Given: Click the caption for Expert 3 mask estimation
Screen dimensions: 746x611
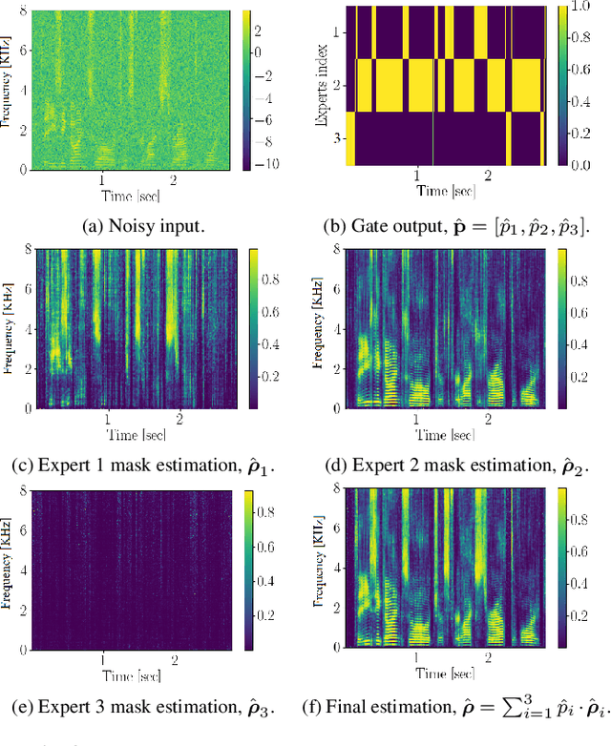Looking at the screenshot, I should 140,707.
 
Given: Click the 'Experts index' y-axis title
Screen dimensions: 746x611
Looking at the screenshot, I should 321,85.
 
